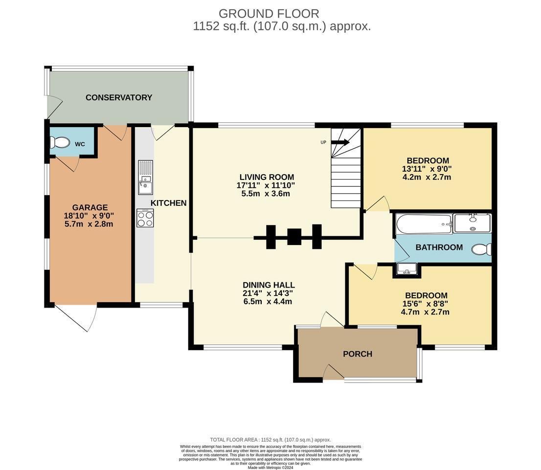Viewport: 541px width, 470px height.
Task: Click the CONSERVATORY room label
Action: click(119, 98)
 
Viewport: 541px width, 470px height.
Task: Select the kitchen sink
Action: click(146, 178)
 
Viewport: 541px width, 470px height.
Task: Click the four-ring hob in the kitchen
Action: click(145, 218)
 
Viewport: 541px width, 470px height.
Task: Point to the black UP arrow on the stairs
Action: click(340, 142)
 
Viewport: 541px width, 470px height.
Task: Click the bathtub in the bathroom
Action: click(424, 224)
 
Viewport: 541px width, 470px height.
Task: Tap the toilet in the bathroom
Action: click(482, 249)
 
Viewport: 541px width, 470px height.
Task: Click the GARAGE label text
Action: click(90, 207)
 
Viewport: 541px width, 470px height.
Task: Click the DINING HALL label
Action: click(269, 285)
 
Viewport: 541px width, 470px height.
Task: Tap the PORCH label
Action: click(358, 354)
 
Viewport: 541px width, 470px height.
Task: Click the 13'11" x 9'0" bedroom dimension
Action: click(427, 169)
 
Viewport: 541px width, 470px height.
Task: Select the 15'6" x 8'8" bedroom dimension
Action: click(425, 304)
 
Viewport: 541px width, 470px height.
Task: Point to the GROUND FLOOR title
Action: click(269, 14)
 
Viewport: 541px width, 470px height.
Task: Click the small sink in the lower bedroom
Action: click(407, 269)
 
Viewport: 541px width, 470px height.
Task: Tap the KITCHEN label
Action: click(168, 203)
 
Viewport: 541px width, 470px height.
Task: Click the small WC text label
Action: click(80, 144)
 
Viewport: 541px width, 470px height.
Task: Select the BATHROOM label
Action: click(439, 247)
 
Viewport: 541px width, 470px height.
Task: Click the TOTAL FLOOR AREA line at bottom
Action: click(270, 440)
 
